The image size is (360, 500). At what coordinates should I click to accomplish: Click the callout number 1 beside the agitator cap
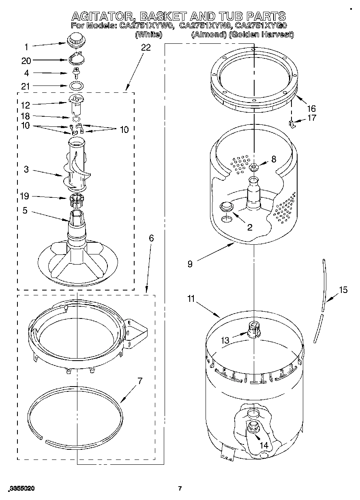pos(26,47)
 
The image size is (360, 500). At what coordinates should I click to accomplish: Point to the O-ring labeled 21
pos(76,86)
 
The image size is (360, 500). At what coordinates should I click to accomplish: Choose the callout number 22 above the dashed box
pos(146,47)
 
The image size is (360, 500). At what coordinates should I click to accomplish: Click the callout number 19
pos(25,197)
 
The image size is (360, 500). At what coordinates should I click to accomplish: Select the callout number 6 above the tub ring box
pos(151,238)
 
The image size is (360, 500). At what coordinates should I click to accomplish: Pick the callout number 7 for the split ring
pos(139,381)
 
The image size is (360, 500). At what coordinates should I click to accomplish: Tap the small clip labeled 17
pos(291,123)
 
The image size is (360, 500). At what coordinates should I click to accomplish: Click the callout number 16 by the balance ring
pos(311,109)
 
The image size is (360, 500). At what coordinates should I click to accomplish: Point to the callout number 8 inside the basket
pos(274,159)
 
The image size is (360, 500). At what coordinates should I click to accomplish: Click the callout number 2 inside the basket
pos(250,227)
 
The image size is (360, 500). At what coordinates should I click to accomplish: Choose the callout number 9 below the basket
pos(190,265)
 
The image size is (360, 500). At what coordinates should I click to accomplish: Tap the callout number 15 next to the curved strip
pos(343,290)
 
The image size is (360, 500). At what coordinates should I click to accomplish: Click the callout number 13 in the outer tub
pos(225,340)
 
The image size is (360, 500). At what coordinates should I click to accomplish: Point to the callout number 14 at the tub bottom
pos(264,445)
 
